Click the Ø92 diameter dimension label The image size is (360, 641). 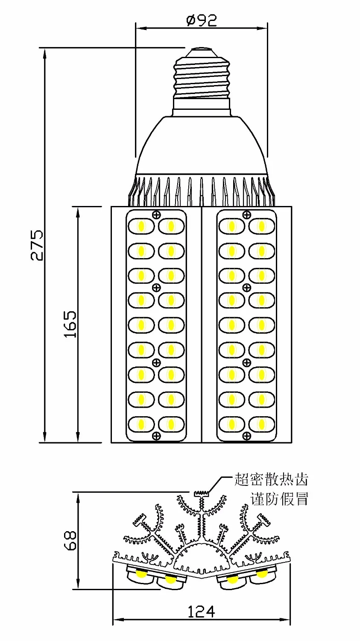coord(202,20)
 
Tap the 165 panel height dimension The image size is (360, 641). coord(70,323)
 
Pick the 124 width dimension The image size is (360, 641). coord(201,612)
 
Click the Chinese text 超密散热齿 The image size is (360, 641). coord(271,479)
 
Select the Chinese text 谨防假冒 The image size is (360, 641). coord(279,498)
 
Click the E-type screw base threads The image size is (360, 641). coord(201,77)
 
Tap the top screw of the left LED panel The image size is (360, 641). coord(156,215)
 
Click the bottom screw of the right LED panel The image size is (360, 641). coord(246,436)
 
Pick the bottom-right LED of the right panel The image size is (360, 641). coord(261,424)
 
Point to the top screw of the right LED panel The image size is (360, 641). coord(246,215)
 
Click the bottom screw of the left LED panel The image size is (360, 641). coord(156,436)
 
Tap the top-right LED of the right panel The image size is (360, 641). coord(261,226)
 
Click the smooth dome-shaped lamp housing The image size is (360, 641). coord(201,145)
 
